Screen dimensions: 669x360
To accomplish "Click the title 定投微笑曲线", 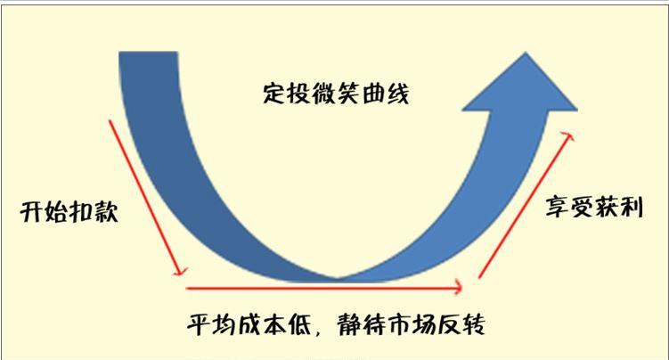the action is coord(336,93).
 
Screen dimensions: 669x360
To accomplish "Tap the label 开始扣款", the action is coord(69,211).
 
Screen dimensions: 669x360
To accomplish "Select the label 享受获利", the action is coord(594,208).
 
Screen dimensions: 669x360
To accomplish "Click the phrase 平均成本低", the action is coord(249,324).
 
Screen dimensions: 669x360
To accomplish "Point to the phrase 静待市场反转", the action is coord(412,324).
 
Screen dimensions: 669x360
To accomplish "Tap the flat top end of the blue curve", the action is coord(148,53).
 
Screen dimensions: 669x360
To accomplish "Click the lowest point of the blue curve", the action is coord(337,281).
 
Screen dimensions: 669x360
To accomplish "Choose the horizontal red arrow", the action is coord(324,289).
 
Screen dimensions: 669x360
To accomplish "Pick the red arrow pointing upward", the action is coord(526,206).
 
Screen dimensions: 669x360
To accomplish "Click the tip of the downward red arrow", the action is coord(183,274).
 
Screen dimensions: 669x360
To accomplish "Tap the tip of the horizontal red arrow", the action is coord(462,288).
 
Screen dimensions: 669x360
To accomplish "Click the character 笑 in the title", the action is coord(348,93).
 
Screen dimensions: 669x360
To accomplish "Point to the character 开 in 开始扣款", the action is coord(32,211).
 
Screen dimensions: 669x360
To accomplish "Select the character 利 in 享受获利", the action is coord(631,208).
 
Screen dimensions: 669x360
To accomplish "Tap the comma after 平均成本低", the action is coord(318,332).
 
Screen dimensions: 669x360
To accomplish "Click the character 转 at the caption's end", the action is coord(474,324).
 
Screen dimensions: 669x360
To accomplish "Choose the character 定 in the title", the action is coord(273,93).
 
